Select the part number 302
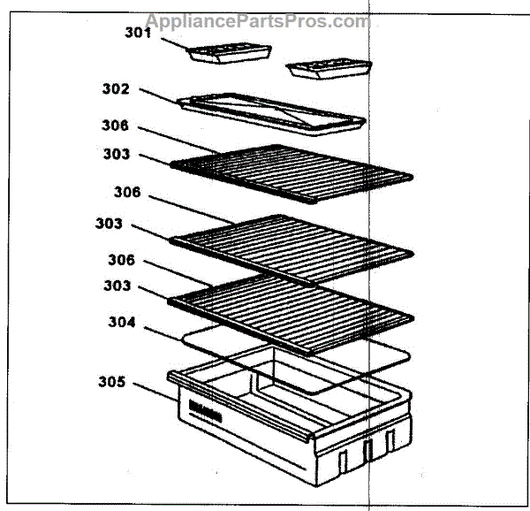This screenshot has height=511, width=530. pyautogui.click(x=116, y=89)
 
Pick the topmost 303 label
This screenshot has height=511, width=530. pyautogui.click(x=116, y=155)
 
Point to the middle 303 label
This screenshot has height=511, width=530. pyautogui.click(x=110, y=224)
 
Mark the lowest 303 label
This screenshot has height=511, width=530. pyautogui.click(x=115, y=286)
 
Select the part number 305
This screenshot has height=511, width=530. pyautogui.click(x=112, y=384)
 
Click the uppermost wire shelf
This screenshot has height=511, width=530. pyautogui.click(x=291, y=173)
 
